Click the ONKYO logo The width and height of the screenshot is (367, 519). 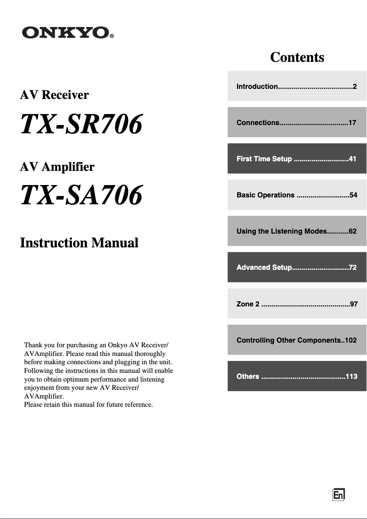point(65,33)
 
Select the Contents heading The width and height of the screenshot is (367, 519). point(297,57)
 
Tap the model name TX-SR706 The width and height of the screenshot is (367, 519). point(81,124)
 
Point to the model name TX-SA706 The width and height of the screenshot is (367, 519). point(81,196)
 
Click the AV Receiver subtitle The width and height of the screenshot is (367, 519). point(54,95)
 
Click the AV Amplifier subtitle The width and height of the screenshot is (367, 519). point(57,167)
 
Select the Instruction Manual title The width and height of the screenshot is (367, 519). point(79,243)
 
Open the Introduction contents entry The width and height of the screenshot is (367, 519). point(297,86)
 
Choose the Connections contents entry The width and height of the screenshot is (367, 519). point(297,122)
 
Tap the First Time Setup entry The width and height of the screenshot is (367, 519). point(297,159)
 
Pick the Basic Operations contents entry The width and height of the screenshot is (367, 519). point(297,195)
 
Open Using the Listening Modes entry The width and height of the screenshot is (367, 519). point(297,231)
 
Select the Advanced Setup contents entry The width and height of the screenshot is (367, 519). point(297,267)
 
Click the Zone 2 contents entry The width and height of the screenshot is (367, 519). point(297,304)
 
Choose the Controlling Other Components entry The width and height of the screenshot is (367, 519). point(297,340)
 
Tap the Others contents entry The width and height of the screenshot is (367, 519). point(297,377)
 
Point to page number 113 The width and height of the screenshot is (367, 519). point(351,377)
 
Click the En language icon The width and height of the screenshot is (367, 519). point(339,495)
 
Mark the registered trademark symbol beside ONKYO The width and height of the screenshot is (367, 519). point(112,36)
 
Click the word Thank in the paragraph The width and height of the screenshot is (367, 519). point(33,344)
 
